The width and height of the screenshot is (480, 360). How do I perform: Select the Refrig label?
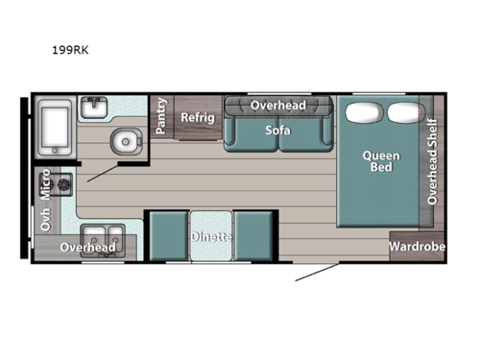(198, 117)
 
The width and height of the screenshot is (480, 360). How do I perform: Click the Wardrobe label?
(417, 247)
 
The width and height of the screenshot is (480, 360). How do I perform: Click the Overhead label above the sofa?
(277, 105)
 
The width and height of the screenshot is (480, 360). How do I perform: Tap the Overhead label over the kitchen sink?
(88, 248)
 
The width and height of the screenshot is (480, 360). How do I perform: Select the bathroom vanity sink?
(96, 109)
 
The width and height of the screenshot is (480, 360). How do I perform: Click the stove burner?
(66, 182)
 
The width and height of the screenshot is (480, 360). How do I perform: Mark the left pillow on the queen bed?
(362, 112)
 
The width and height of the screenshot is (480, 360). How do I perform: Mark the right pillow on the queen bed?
(402, 112)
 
